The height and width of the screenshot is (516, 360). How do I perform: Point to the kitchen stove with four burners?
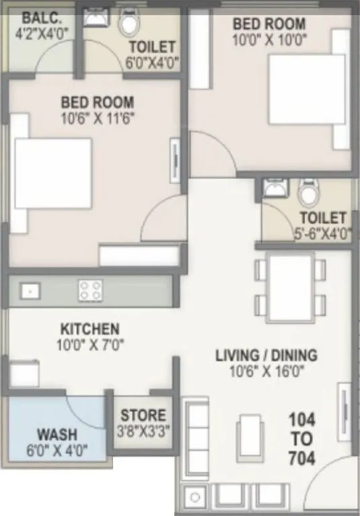(x=89, y=290)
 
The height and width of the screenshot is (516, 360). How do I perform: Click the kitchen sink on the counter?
(x=30, y=290)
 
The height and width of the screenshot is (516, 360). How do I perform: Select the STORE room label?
(x=142, y=416)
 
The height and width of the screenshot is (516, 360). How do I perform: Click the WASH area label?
(x=57, y=435)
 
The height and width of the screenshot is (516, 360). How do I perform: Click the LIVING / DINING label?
(x=266, y=355)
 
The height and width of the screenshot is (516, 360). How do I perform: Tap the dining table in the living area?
(x=287, y=288)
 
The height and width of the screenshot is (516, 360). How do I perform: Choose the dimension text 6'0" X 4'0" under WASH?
(x=57, y=449)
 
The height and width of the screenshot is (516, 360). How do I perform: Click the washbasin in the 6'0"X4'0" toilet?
(x=93, y=17)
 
